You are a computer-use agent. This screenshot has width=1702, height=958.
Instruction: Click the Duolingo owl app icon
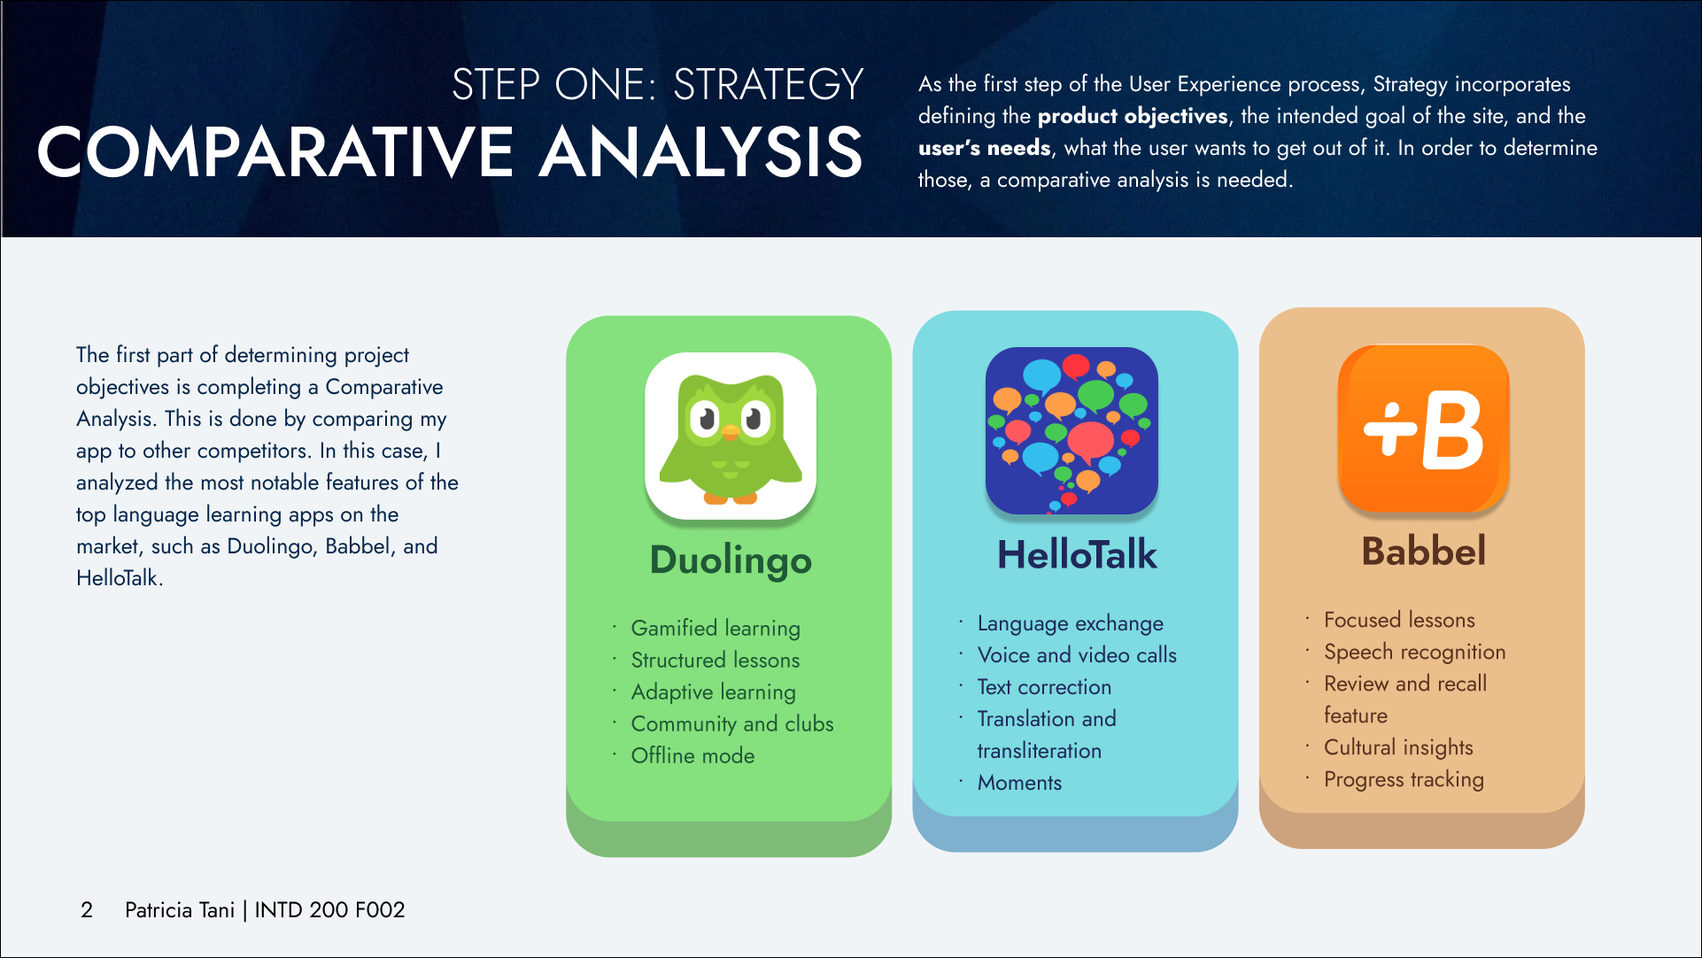[731, 436]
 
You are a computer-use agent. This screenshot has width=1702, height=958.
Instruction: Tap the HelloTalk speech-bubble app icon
[1071, 430]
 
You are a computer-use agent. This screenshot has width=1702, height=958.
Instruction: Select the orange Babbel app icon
[1423, 429]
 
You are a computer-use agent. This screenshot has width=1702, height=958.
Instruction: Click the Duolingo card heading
[731, 560]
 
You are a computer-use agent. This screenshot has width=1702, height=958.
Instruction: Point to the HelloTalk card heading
[1077, 555]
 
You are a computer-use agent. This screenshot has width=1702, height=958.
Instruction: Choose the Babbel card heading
[1423, 551]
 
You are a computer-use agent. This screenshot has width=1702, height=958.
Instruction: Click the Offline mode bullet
[692, 755]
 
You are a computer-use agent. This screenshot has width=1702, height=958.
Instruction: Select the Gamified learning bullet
[716, 628]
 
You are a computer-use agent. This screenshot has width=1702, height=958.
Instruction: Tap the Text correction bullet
[1044, 687]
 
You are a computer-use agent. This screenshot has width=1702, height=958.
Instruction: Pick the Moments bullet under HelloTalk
[1019, 783]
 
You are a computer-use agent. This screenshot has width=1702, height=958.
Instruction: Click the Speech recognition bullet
[1414, 652]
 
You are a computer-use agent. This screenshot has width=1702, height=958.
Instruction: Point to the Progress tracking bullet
[1404, 779]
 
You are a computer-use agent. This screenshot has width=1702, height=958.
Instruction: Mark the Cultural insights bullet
[1398, 747]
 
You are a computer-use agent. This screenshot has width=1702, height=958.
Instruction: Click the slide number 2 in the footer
[87, 910]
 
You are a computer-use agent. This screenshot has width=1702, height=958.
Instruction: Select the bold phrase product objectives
[1133, 116]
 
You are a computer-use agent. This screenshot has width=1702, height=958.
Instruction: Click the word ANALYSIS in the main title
[700, 152]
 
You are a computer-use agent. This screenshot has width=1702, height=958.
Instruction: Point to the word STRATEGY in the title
[768, 85]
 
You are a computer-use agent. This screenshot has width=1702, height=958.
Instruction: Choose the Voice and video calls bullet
[1077, 655]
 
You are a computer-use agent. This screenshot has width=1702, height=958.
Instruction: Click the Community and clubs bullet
[732, 723]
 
